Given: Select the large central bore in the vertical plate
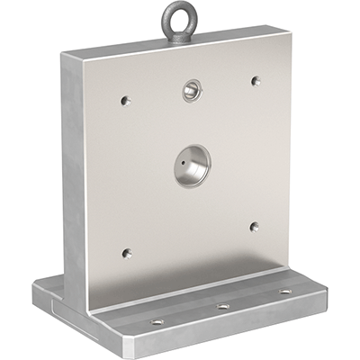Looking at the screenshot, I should [192, 166].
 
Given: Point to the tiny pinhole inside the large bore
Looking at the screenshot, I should [184, 166].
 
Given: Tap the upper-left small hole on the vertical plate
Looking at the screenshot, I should [125, 100].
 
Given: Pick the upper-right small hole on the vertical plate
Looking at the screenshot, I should [256, 80].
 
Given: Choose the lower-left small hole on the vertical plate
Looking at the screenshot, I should [126, 253].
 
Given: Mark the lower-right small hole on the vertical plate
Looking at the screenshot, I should [254, 227].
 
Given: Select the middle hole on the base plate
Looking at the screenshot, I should [222, 307].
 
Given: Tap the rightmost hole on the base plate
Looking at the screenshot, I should [285, 292].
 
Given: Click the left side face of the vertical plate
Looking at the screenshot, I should [76, 171].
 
